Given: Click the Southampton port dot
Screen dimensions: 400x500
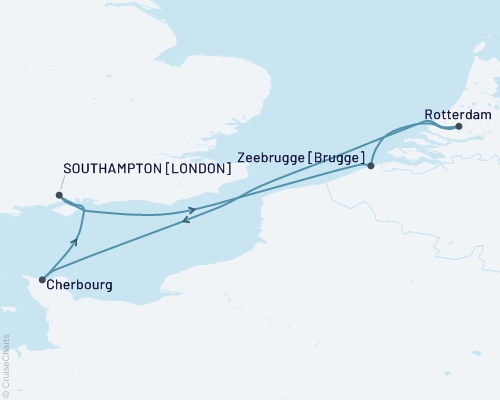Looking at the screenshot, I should (59, 196).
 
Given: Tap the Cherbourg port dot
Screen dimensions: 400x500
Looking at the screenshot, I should (42, 280).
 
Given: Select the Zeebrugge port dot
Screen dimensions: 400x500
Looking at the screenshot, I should (371, 166).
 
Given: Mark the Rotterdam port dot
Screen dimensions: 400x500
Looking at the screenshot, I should (459, 127).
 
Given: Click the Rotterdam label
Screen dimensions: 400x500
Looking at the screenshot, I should (456, 115).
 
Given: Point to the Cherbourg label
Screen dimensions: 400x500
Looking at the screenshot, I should (79, 286).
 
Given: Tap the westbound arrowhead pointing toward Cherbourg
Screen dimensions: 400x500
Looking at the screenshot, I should (184, 222).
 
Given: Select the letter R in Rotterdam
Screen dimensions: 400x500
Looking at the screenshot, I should (429, 115).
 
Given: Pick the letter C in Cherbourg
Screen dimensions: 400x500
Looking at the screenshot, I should (52, 286).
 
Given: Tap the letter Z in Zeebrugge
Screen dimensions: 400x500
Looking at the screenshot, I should (243, 156).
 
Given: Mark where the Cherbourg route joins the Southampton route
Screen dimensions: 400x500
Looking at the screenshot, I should (83, 211).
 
